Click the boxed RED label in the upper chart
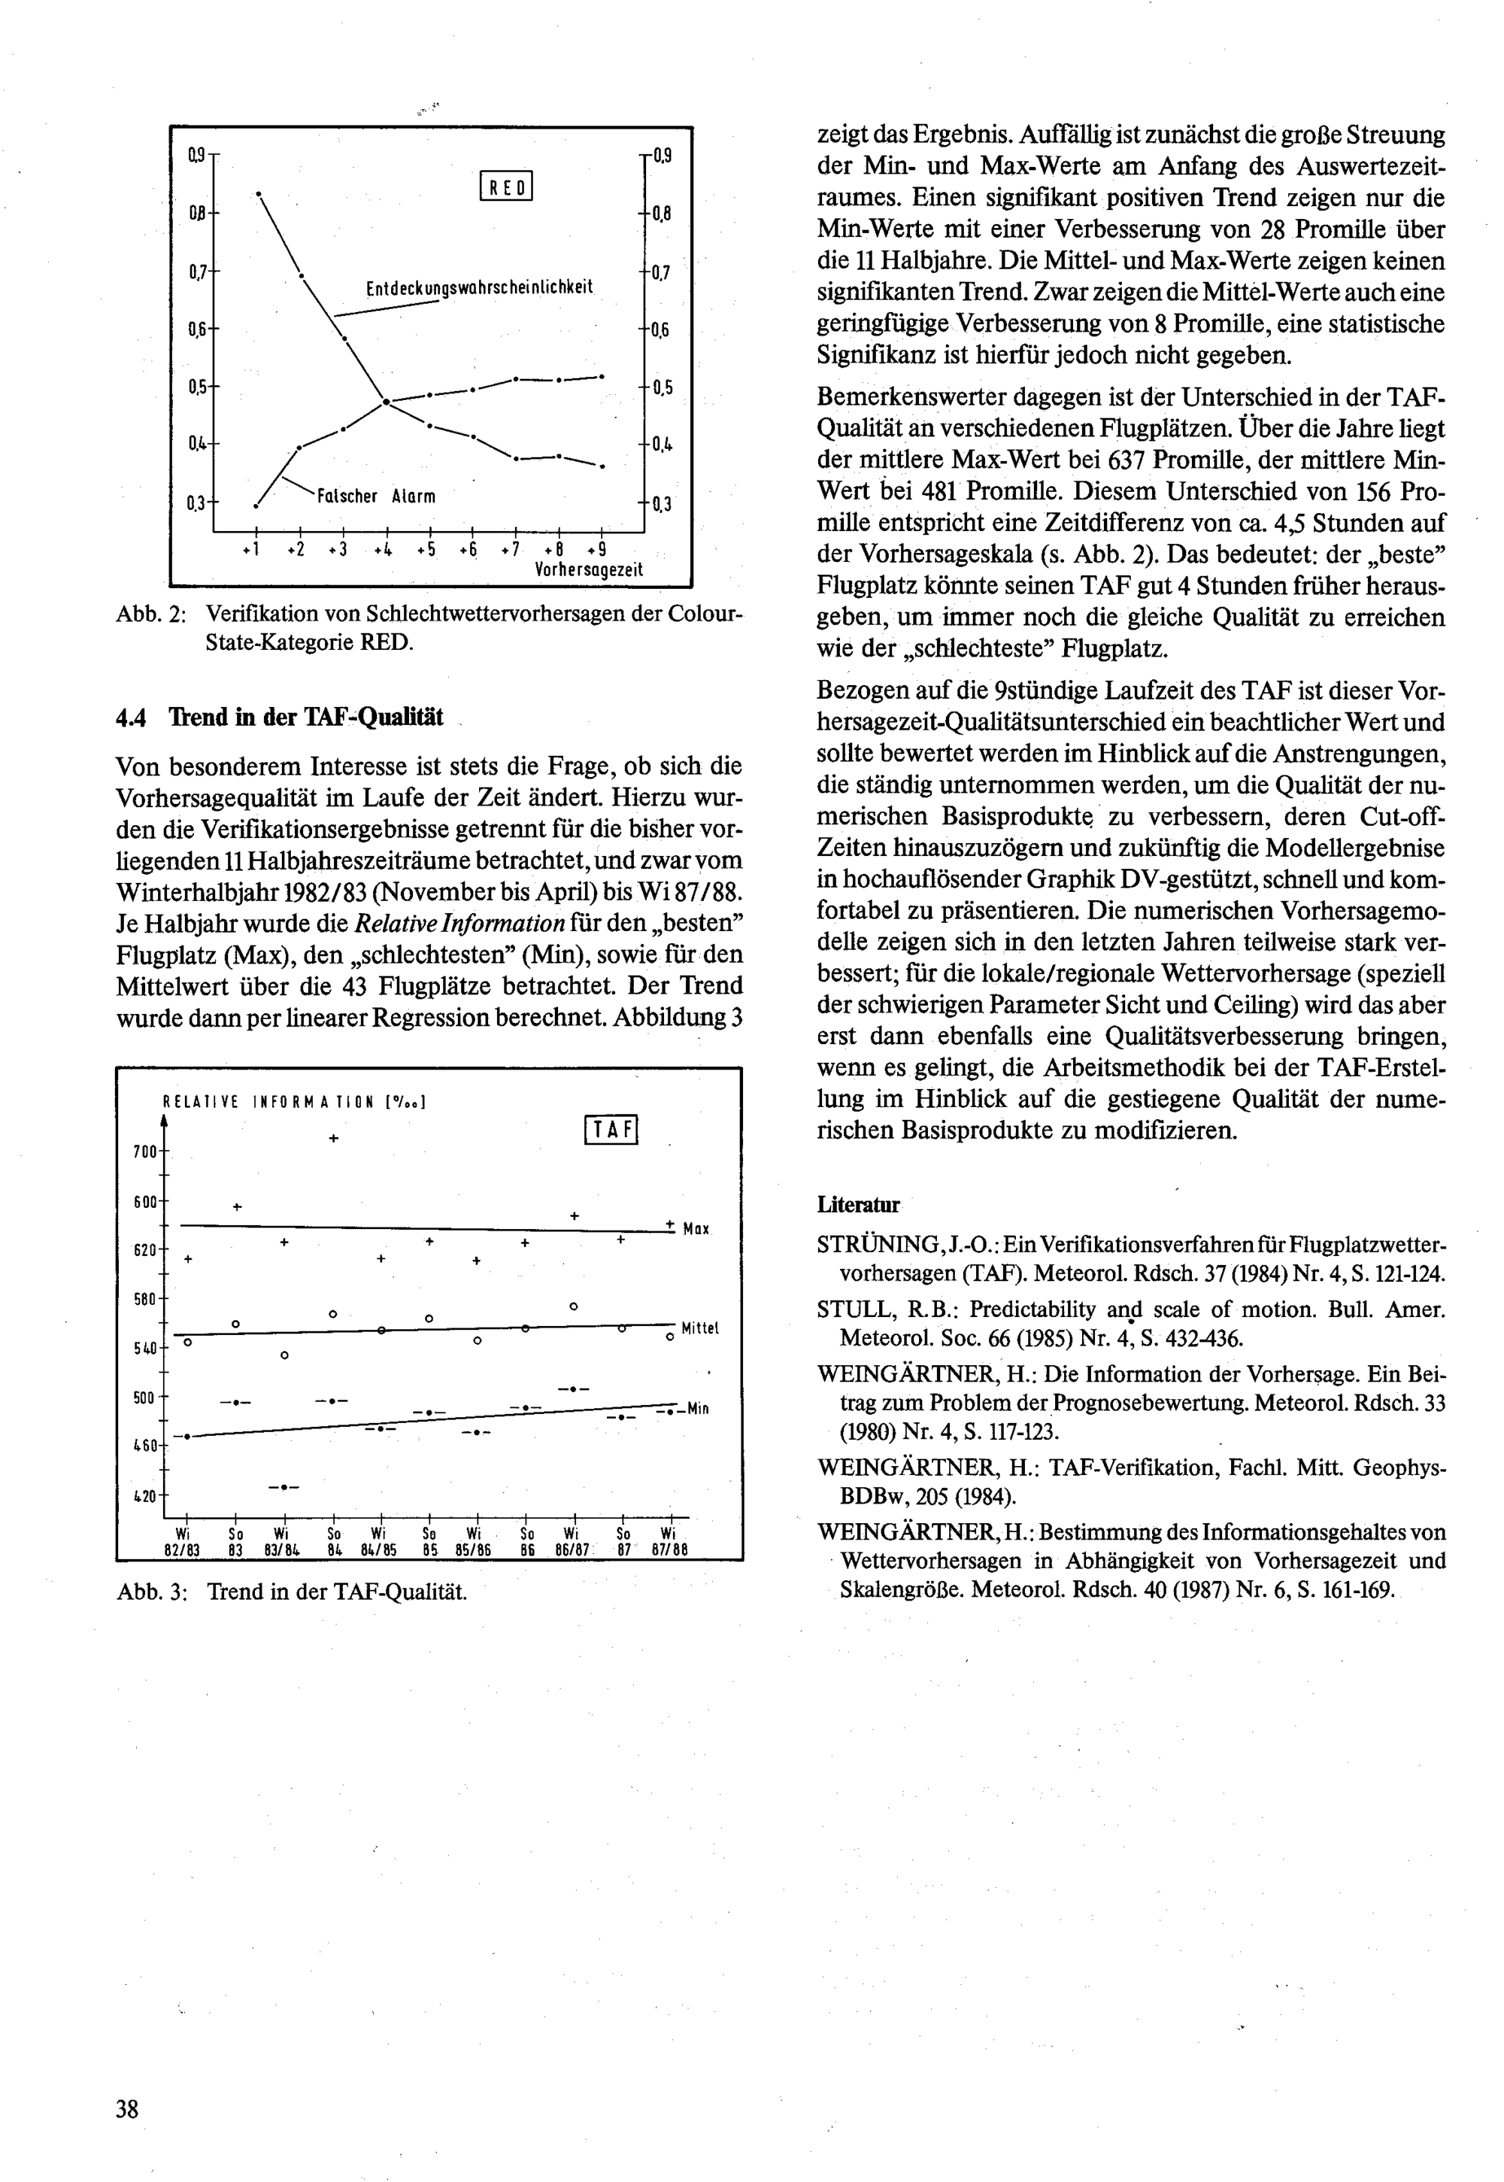click(507, 186)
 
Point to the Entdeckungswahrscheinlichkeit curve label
click(479, 287)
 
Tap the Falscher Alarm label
click(376, 496)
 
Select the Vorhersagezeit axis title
click(589, 569)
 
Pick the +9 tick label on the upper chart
click(596, 550)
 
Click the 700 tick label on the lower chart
click(145, 1152)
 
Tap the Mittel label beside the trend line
click(699, 1328)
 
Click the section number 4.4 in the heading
click(131, 718)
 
